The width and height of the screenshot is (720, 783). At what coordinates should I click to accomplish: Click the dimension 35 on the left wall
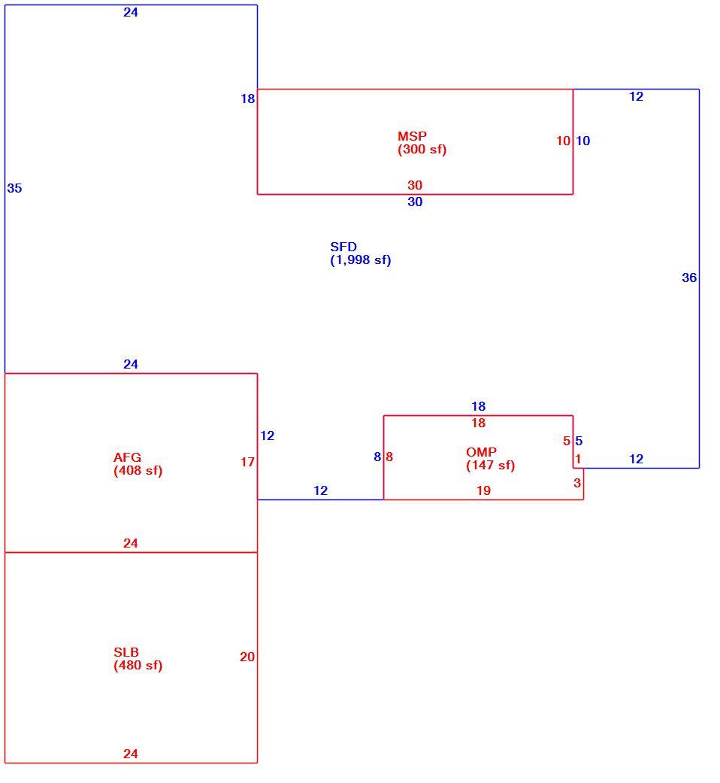[x=14, y=188]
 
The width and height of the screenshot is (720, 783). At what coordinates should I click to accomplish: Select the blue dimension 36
[x=689, y=278]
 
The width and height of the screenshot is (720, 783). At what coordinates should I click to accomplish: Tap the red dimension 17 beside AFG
[x=247, y=462]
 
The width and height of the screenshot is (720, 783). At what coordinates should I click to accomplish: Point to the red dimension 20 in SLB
[x=247, y=657]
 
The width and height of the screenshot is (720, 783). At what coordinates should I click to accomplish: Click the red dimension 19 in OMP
[x=483, y=490]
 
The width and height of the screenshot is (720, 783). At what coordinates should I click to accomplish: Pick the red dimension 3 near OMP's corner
[x=577, y=483]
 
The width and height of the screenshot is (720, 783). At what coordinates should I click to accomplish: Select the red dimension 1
[x=578, y=459]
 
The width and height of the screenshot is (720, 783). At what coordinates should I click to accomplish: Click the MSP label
[x=412, y=136]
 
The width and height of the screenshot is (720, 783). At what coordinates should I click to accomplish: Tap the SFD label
[x=343, y=247]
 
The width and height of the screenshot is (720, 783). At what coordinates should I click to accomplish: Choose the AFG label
[x=127, y=457]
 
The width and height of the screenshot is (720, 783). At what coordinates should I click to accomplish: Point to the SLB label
[x=126, y=651]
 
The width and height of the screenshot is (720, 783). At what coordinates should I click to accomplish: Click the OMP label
[x=482, y=452]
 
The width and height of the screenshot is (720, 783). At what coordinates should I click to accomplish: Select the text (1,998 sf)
[x=361, y=260]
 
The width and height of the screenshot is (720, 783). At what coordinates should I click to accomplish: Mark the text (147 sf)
[x=491, y=466]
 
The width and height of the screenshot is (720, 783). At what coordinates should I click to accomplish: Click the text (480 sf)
[x=138, y=665]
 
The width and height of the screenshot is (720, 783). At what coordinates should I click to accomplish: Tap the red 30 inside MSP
[x=415, y=185]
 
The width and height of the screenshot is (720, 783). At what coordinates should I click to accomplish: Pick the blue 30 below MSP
[x=415, y=202]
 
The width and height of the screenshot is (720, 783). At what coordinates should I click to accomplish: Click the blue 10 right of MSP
[x=582, y=141]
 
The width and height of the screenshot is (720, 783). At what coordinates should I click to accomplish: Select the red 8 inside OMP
[x=389, y=457]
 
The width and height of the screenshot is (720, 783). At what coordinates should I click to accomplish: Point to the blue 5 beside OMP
[x=579, y=441]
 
